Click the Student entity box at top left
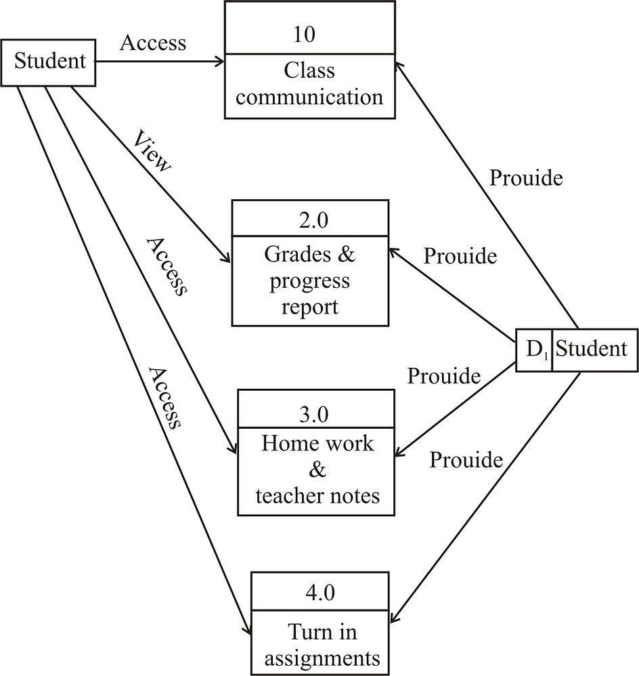(x=49, y=62)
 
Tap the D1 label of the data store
(x=534, y=350)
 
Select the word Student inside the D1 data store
(x=592, y=350)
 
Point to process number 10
(x=305, y=34)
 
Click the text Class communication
(x=310, y=84)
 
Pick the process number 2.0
(x=310, y=220)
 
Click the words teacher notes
(x=317, y=496)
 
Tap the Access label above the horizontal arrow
(x=152, y=43)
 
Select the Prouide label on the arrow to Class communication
(x=526, y=178)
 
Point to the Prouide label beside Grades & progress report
(x=460, y=257)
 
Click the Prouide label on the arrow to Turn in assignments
(x=466, y=461)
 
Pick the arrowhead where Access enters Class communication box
(x=220, y=62)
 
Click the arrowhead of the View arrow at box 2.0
(x=227, y=260)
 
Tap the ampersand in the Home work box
(x=317, y=470)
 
